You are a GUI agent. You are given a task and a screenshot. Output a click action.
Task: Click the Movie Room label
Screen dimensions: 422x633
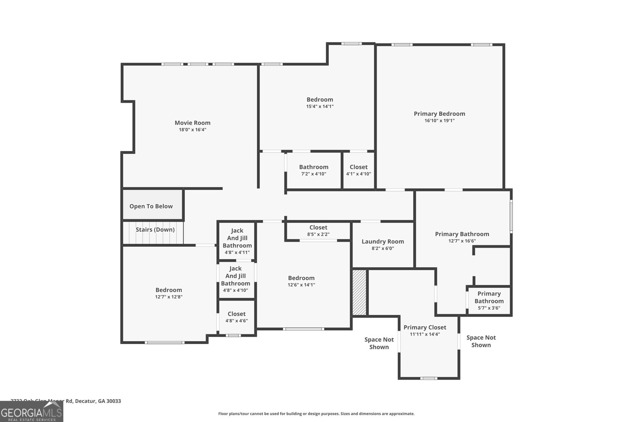coord(193,123)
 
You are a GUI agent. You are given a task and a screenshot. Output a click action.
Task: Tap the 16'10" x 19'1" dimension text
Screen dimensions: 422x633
coord(439,121)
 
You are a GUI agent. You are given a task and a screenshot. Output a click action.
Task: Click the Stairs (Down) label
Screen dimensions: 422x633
coord(155,230)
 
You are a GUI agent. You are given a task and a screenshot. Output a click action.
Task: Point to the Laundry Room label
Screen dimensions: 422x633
coord(383,242)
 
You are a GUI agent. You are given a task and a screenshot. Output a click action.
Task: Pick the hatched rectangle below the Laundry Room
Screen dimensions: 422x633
coord(360,293)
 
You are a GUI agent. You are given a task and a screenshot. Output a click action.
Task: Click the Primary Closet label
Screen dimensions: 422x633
coord(425,327)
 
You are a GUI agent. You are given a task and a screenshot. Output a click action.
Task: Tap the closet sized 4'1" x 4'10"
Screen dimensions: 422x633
coord(358,170)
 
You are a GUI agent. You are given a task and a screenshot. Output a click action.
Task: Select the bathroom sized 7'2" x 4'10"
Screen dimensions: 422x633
coord(313,170)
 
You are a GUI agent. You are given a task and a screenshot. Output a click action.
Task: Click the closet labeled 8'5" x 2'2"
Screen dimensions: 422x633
coord(318,231)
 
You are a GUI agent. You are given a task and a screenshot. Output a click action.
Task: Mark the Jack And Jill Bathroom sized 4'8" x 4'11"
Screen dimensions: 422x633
coord(237,241)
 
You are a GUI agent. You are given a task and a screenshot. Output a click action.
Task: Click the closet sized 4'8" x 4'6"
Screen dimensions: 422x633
coord(237,317)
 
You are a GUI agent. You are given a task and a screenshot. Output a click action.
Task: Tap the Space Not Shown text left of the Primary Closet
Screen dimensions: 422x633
coord(379,343)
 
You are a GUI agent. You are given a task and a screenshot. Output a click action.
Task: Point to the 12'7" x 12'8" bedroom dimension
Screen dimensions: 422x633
coord(169,297)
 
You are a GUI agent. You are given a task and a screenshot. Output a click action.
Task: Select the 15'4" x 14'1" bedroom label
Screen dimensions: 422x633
coord(320,100)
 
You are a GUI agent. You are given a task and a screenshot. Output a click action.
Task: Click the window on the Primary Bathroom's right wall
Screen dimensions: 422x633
coord(511,216)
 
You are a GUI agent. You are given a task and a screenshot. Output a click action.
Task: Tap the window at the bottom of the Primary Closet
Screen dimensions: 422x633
coord(429,378)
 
